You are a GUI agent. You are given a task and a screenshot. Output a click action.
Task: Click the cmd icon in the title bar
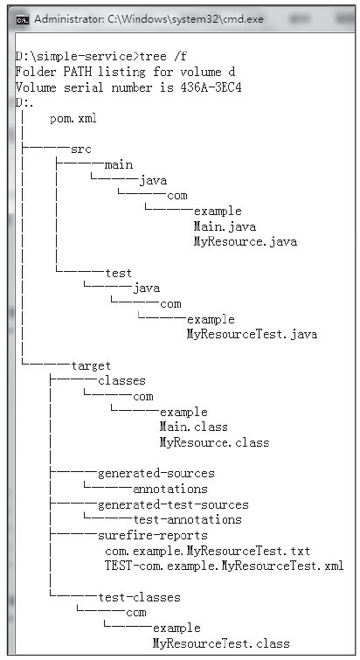tap(23, 19)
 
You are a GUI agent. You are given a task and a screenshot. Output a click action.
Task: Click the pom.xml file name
tap(73, 119)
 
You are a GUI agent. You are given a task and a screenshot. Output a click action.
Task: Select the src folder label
tap(80, 149)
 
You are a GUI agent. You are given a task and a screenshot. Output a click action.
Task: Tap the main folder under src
tap(119, 164)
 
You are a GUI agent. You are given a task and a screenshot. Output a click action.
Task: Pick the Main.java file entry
tap(225, 226)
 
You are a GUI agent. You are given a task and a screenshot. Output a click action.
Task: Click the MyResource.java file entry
tap(246, 242)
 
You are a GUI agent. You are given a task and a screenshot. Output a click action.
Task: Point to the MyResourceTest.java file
tap(252, 335)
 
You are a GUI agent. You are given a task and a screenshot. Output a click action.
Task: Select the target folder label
tap(91, 365)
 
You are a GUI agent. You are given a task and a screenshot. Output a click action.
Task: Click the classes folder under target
tap(121, 381)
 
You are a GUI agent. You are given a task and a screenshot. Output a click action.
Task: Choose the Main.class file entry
tap(193, 427)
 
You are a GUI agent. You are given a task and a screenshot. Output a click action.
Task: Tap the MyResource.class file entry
tap(214, 443)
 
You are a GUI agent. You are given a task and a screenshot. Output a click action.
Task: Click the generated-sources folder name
tap(156, 474)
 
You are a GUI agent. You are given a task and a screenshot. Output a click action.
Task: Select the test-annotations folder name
tap(188, 520)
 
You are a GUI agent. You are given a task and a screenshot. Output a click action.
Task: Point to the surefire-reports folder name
tap(153, 535)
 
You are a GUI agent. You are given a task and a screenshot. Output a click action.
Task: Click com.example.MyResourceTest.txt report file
tap(207, 551)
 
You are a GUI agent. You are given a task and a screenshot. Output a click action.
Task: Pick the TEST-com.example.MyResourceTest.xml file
tap(225, 566)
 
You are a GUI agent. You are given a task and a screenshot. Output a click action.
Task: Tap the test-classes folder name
tap(139, 597)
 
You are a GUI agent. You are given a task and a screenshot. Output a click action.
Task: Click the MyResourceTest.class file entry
tap(221, 643)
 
